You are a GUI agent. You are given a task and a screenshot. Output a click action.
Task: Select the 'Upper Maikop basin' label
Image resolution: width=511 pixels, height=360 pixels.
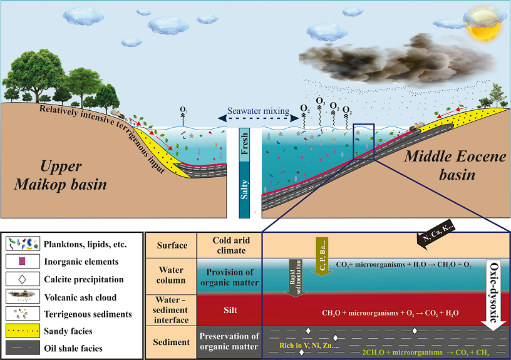pyautogui.click(x=75, y=175)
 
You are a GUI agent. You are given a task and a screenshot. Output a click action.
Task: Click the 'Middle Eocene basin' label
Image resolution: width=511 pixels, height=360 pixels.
pyautogui.click(x=454, y=166)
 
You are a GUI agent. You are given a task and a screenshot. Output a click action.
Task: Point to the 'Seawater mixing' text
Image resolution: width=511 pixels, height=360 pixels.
pyautogui.click(x=254, y=111)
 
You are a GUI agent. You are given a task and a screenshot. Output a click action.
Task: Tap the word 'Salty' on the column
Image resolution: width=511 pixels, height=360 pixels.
pyautogui.click(x=245, y=187)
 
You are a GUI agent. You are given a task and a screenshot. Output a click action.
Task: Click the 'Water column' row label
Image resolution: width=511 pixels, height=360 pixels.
pyautogui.click(x=171, y=275)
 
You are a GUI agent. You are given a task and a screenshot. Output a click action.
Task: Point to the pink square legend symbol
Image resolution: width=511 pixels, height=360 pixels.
pyautogui.click(x=24, y=260)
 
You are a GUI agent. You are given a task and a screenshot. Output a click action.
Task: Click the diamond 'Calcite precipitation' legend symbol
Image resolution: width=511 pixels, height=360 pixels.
pyautogui.click(x=24, y=279)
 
